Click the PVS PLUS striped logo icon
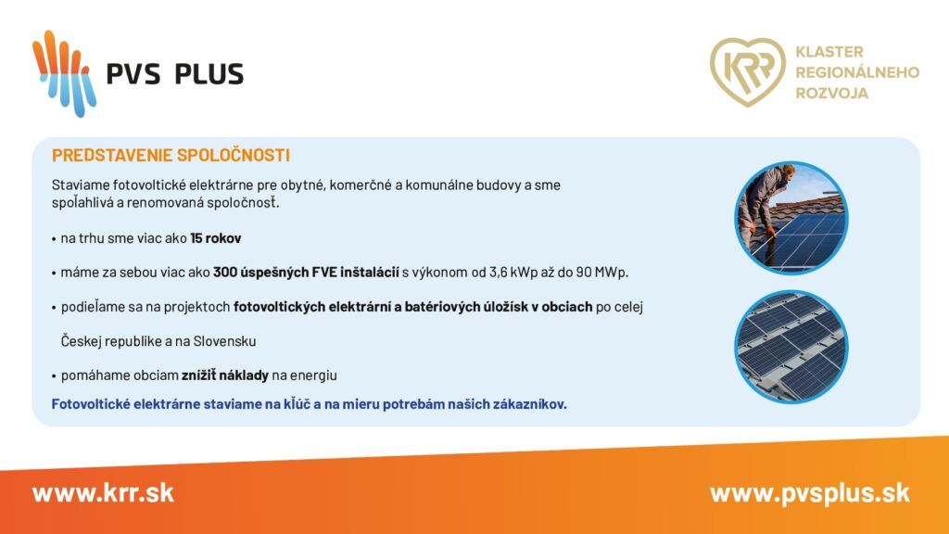tap(64, 73)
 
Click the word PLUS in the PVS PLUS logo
tap(209, 74)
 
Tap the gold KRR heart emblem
tap(748, 72)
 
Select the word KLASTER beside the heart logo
tap(829, 52)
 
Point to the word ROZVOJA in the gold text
tap(831, 94)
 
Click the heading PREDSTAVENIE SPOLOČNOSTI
tap(171, 156)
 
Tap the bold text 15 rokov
tap(215, 238)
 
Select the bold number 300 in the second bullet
tap(224, 273)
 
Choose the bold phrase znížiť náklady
tap(224, 375)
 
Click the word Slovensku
tap(224, 341)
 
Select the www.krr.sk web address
tap(103, 493)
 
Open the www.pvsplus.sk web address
tap(810, 493)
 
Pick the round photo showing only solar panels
tap(791, 347)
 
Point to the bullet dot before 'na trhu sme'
tap(54, 239)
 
